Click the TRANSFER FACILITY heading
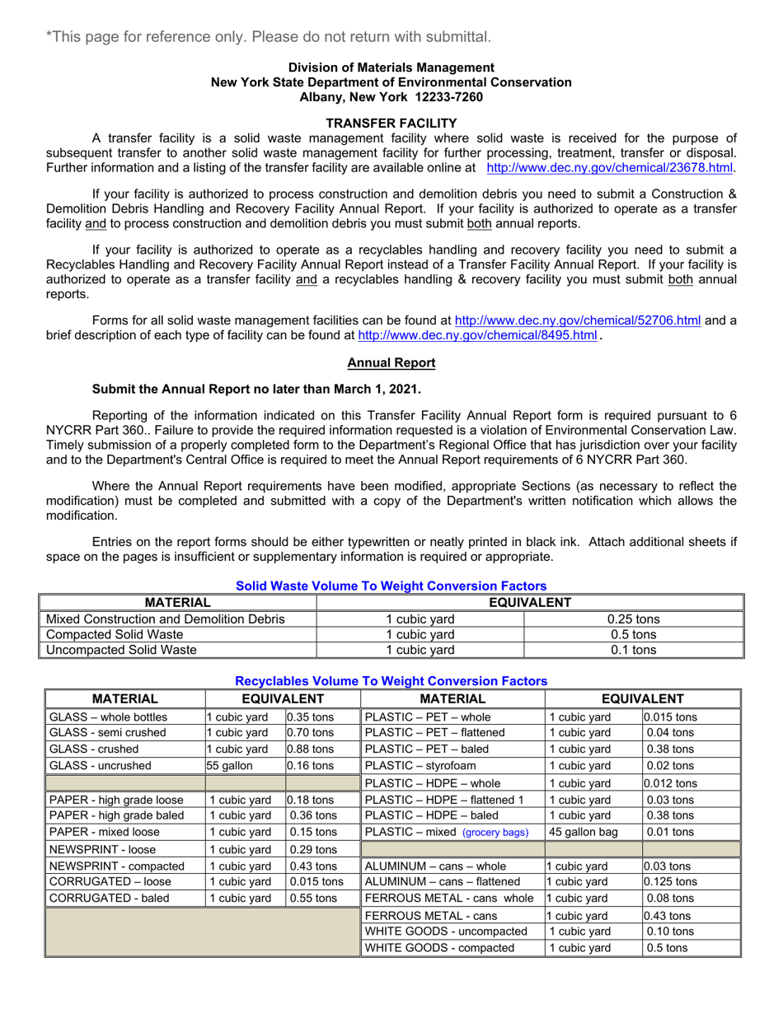(391, 123)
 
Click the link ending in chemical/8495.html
(477, 336)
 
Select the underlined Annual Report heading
(391, 362)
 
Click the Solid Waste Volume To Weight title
(391, 586)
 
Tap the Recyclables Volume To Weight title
(391, 681)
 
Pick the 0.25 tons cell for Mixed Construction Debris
(633, 619)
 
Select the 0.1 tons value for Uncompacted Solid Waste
(633, 650)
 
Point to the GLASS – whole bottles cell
(108, 717)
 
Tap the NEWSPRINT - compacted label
(116, 866)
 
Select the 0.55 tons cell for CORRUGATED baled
(312, 898)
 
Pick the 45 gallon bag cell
(583, 832)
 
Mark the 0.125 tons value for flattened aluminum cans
(670, 881)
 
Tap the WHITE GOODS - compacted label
(439, 947)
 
